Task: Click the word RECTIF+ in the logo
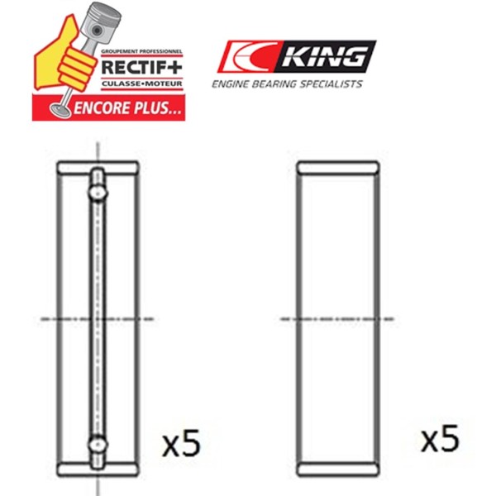click(141, 67)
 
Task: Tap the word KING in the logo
click(325, 56)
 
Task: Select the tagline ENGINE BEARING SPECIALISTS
click(287, 83)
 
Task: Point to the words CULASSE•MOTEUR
click(142, 83)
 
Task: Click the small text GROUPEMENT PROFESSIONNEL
click(141, 51)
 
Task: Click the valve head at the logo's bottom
click(60, 110)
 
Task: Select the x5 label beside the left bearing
click(181, 443)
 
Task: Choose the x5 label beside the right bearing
click(440, 438)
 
